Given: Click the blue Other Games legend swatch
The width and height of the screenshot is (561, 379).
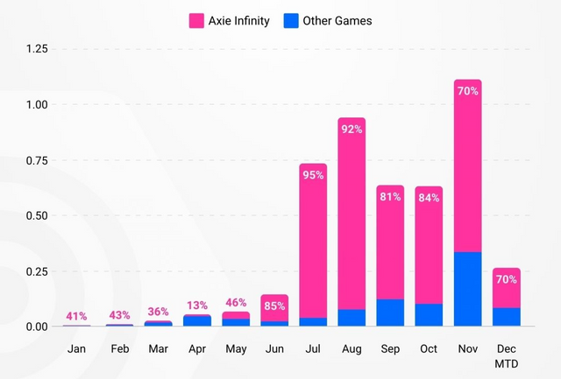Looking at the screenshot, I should click(x=292, y=20).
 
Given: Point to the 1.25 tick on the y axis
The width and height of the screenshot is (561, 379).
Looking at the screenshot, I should click(x=36, y=50).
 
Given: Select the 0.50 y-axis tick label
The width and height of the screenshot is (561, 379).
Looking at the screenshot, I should click(x=36, y=215).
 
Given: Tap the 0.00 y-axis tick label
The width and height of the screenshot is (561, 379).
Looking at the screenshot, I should click(x=36, y=326).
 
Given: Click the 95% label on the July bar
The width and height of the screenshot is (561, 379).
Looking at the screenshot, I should click(x=313, y=175).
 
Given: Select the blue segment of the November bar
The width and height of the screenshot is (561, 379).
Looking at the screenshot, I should click(x=468, y=289).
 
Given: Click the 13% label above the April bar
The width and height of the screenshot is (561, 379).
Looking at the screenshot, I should click(x=197, y=305).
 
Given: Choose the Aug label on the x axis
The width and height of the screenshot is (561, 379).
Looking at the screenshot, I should click(x=352, y=348).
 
